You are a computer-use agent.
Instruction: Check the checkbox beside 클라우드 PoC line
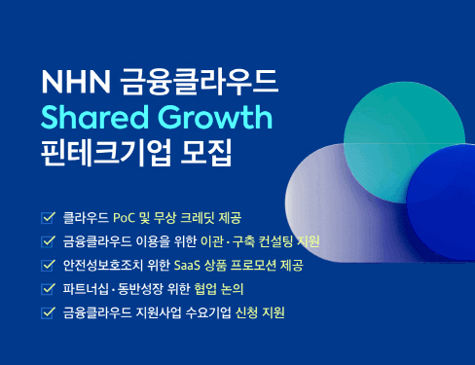coord(48,216)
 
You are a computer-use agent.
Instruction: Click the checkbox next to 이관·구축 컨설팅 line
coord(48,240)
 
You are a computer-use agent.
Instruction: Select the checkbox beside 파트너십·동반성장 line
coord(48,289)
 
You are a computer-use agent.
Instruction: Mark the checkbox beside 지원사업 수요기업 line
coord(48,313)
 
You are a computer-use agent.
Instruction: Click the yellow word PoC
coord(125,216)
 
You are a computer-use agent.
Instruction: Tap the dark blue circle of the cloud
coord(438,195)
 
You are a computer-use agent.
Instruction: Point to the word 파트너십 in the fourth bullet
coord(85,289)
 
